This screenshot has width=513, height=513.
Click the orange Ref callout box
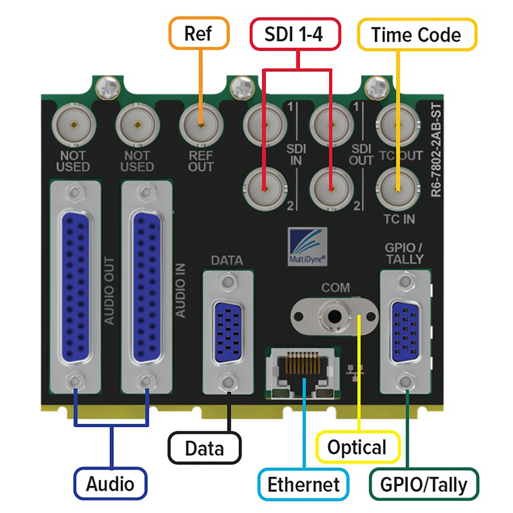coord(199,33)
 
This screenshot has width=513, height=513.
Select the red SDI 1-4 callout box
coord(295,34)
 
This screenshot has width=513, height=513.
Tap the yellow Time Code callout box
coord(417,34)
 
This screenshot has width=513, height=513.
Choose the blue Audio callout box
coord(111,483)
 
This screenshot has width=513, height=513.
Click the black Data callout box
coord(204,448)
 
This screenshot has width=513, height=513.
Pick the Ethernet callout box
coord(303,484)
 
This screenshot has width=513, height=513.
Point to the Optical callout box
coord(357,447)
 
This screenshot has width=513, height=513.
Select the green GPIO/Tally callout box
coord(424,484)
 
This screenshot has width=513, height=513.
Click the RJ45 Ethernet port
coord(303,373)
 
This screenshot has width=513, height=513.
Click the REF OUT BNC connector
coord(201,125)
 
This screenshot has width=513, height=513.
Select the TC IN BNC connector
coord(398,188)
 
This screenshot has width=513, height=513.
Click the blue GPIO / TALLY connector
coord(406,332)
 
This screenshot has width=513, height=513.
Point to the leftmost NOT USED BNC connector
coord(74,125)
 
